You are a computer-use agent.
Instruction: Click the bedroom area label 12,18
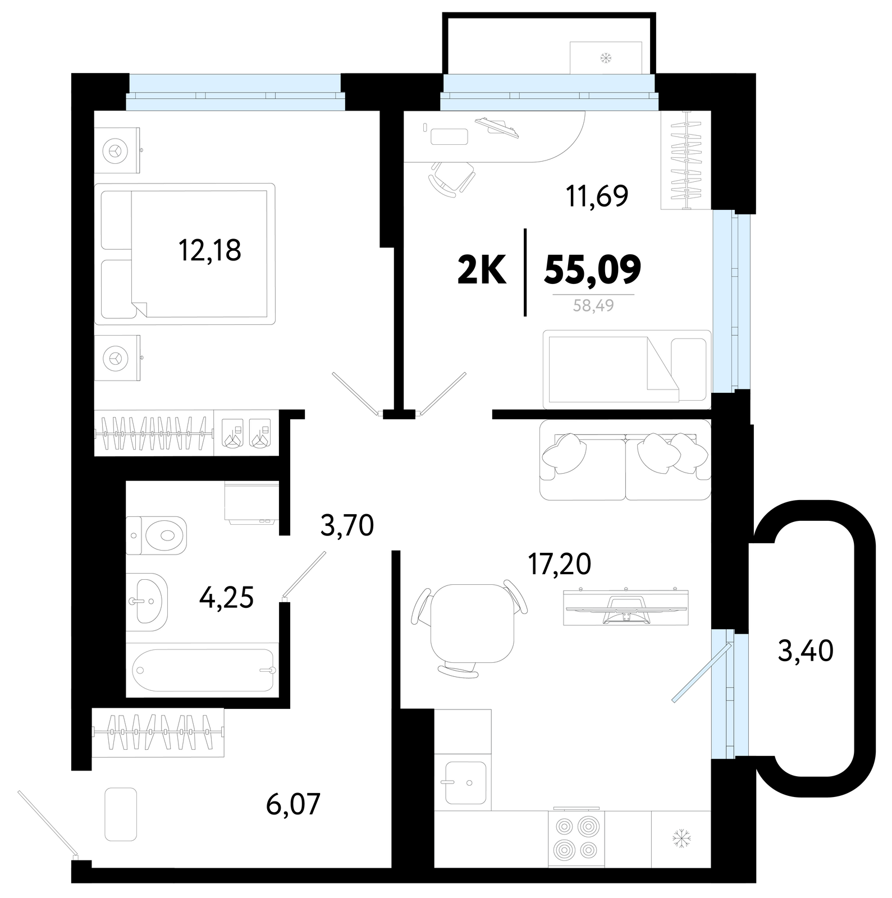(x=210, y=250)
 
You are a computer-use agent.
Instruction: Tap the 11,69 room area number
(x=597, y=195)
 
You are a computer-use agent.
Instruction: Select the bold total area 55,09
(x=593, y=270)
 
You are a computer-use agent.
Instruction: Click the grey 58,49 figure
(x=593, y=306)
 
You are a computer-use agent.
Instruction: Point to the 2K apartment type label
(x=483, y=270)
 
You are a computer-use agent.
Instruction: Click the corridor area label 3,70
(x=347, y=526)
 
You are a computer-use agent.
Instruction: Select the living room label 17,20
(x=559, y=563)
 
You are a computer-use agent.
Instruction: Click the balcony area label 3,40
(x=806, y=651)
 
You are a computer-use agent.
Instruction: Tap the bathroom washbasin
(x=147, y=601)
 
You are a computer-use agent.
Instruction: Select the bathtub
(x=203, y=670)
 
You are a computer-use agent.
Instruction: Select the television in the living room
(x=626, y=607)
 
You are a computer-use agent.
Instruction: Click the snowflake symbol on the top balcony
(x=606, y=57)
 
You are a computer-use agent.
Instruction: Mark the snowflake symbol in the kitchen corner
(x=681, y=839)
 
